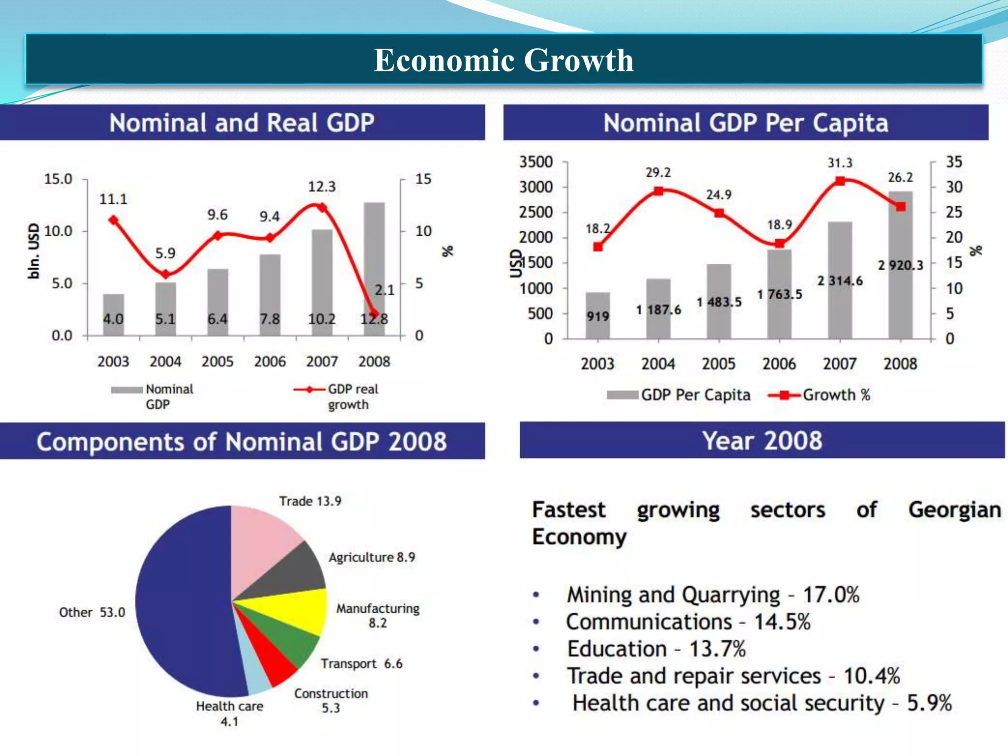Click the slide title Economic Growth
pyautogui.click(x=503, y=60)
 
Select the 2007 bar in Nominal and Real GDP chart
pyautogui.click(x=322, y=276)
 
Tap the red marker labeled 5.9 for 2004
pyautogui.click(x=166, y=274)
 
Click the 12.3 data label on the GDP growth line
pyautogui.click(x=321, y=187)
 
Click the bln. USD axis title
pyautogui.click(x=33, y=251)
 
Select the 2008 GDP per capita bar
pyautogui.click(x=900, y=295)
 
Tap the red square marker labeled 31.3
pyautogui.click(x=840, y=181)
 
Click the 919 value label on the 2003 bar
pyautogui.click(x=598, y=316)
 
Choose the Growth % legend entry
pyautogui.click(x=820, y=395)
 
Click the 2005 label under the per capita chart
pyautogui.click(x=718, y=364)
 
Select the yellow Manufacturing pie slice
pyautogui.click(x=295, y=610)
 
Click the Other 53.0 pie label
pyautogui.click(x=92, y=612)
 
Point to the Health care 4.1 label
pyautogui.click(x=229, y=713)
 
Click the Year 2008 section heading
pyautogui.click(x=762, y=441)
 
